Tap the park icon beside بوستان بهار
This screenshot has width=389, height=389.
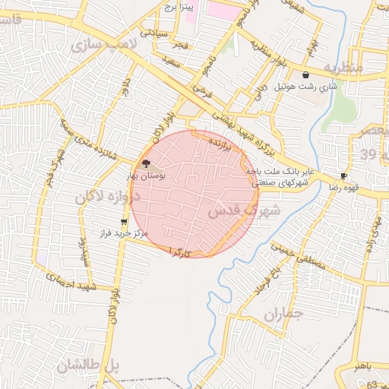click(144, 163)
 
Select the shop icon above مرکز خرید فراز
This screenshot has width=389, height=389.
click(124, 222)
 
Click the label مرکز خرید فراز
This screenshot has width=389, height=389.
click(124, 233)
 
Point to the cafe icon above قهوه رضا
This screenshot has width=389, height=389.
click(344, 176)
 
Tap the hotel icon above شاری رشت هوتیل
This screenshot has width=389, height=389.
click(305, 74)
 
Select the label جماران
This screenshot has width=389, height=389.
click(283, 314)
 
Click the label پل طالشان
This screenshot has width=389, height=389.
click(87, 365)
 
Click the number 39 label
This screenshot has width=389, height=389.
click(368, 155)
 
